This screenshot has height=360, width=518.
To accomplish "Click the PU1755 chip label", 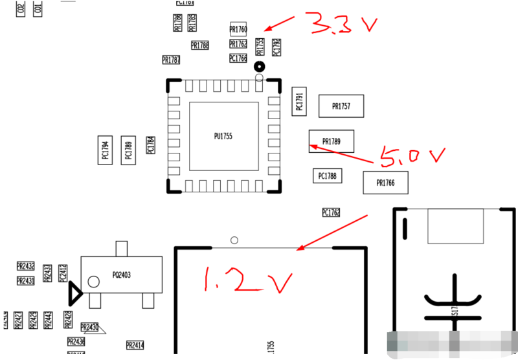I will coord(223,137).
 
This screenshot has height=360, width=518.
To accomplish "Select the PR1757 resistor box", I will coord(341,106).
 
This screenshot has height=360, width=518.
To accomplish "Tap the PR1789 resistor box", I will coord(332,141).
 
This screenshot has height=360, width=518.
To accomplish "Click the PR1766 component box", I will coord(386,183).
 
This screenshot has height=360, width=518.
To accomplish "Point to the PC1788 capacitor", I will coord(328,175).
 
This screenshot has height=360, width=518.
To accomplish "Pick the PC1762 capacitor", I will coord(331,212).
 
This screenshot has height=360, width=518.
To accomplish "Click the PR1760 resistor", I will coord(238,29).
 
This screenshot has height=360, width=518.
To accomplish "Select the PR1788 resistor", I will coord(200,45).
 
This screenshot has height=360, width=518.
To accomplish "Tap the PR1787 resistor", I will coord(171,60).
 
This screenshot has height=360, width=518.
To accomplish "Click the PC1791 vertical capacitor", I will coord(299,102).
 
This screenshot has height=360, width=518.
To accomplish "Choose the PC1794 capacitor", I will coord(105,150).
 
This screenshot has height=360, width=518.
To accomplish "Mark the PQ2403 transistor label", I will coord(121,275).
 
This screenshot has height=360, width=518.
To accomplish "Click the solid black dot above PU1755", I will coord(259,66).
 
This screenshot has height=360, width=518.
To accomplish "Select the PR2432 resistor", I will coord(25,266).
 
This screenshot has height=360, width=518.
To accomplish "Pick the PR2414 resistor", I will coord(135,345).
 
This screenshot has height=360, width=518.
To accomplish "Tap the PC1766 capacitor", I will coord(238,58).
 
